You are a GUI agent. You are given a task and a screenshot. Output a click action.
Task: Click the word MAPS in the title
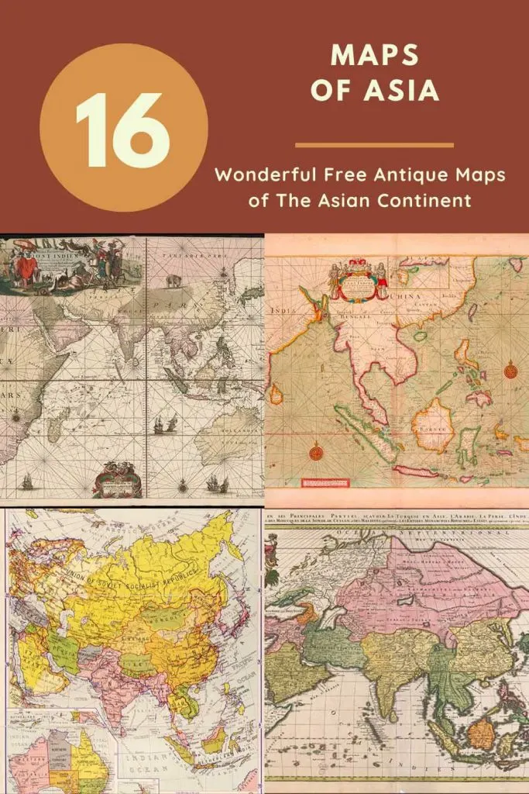pyautogui.click(x=375, y=56)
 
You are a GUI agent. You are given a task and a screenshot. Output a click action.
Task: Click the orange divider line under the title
pyautogui.click(x=374, y=145)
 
